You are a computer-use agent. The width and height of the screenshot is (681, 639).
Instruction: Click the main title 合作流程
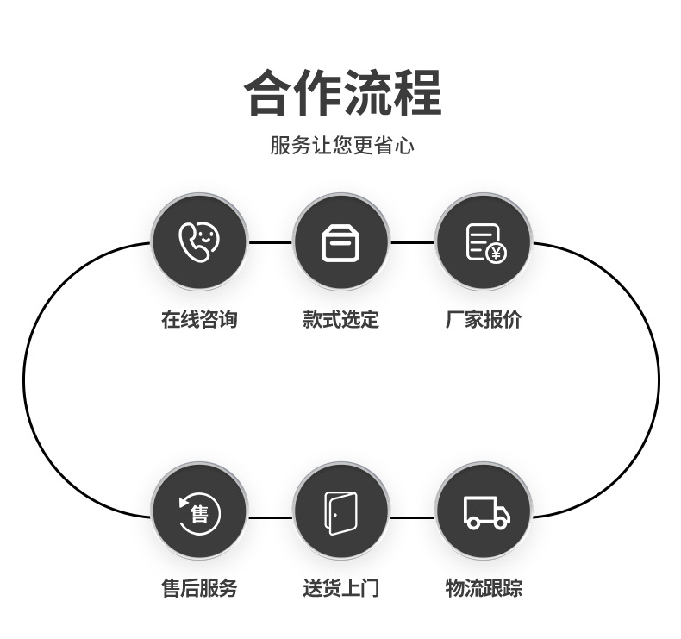(x=342, y=92)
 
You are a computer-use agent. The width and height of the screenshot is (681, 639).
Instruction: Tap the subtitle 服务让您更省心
(x=342, y=145)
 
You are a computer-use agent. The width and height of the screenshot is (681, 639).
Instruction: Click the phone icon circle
(x=199, y=242)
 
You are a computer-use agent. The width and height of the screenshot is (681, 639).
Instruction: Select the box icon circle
(x=340, y=242)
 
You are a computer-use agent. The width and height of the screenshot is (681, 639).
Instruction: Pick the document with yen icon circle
(x=483, y=242)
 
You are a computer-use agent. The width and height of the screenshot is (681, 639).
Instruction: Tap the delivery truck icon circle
(x=483, y=511)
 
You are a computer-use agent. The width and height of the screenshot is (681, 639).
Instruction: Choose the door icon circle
(x=340, y=511)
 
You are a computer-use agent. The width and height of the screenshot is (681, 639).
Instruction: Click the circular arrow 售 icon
(x=199, y=511)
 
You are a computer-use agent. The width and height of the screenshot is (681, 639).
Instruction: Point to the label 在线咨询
(x=199, y=319)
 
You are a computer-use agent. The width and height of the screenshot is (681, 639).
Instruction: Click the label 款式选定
(x=340, y=319)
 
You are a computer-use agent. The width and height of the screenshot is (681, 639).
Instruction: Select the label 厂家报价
(x=483, y=319)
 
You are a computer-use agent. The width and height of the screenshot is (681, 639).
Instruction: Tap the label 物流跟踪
(x=483, y=588)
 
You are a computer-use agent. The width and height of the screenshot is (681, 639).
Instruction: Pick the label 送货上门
(x=340, y=588)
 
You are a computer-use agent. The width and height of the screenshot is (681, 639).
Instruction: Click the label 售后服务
(x=199, y=588)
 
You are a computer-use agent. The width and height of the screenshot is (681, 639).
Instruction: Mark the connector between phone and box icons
(x=270, y=242)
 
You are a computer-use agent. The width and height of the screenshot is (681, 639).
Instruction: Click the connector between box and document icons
(x=412, y=242)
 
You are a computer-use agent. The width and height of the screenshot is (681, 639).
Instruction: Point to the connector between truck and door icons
(x=412, y=517)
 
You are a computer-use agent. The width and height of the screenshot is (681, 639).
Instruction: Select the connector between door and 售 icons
(x=270, y=517)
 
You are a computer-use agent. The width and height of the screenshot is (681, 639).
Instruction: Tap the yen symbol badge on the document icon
(x=496, y=254)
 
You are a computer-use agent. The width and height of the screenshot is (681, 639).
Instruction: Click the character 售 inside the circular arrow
(x=200, y=515)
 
